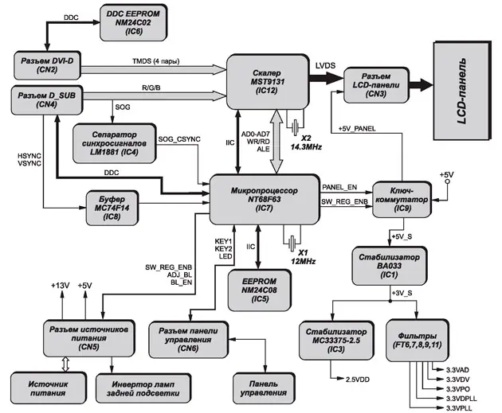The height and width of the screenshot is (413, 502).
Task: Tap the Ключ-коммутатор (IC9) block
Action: click(402, 200)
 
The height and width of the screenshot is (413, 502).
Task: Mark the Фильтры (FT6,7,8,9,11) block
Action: click(423, 336)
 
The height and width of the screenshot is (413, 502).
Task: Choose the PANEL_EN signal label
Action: click(341, 188)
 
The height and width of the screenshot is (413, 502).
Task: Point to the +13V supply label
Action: click(61, 285)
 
